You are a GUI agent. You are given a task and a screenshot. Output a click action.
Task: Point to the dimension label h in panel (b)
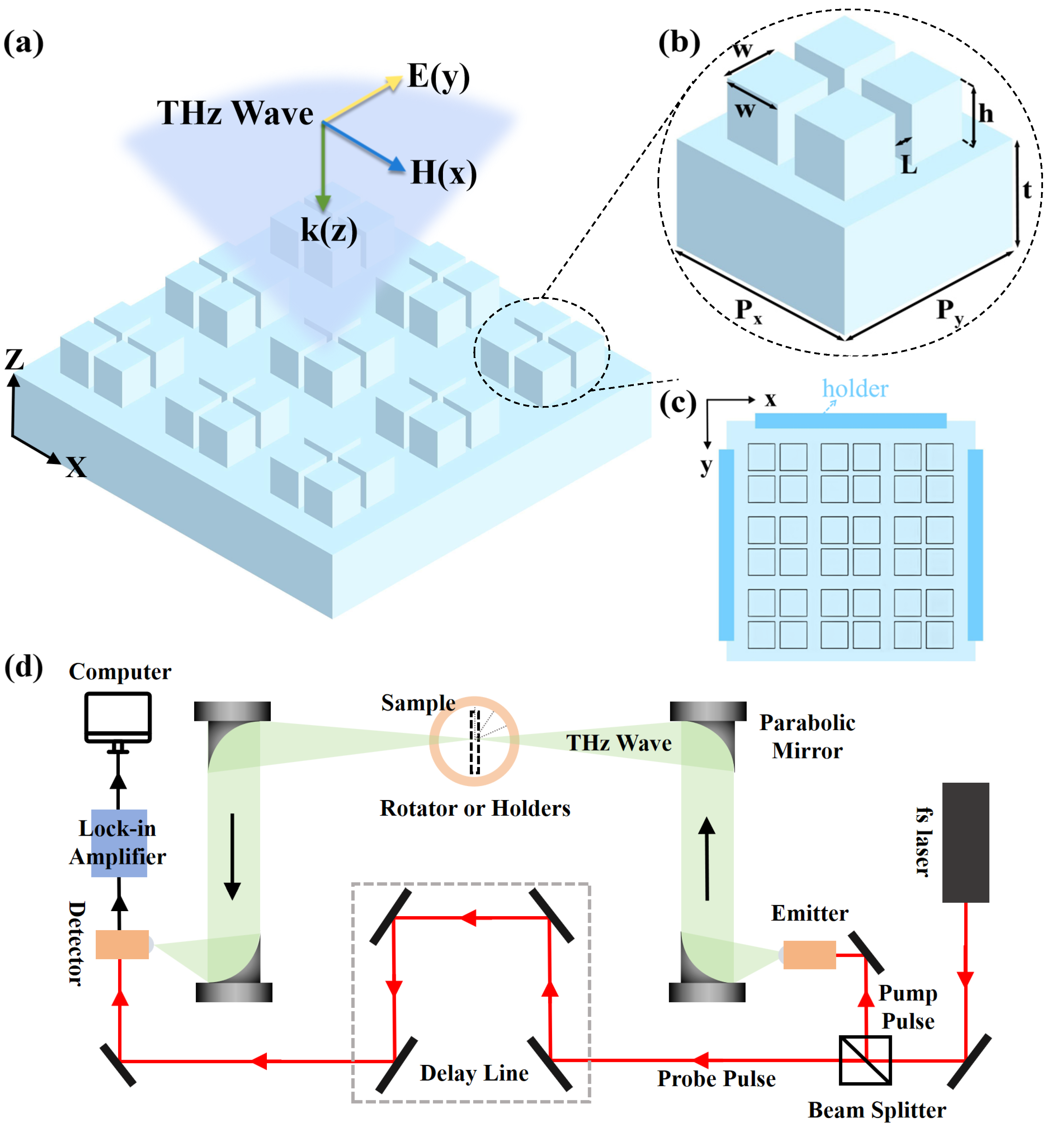tap(986, 113)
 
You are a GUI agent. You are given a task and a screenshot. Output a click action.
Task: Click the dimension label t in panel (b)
tap(1027, 190)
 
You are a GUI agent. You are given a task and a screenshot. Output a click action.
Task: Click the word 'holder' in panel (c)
tap(855, 389)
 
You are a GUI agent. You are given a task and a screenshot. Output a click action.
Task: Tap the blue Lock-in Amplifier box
tap(119, 843)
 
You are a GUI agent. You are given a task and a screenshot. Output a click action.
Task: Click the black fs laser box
tap(965, 842)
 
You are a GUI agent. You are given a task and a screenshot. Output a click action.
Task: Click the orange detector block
tap(122, 945)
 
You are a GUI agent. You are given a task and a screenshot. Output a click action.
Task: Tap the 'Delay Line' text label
tap(474, 1073)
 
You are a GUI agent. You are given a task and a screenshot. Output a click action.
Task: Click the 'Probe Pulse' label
tap(716, 1079)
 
